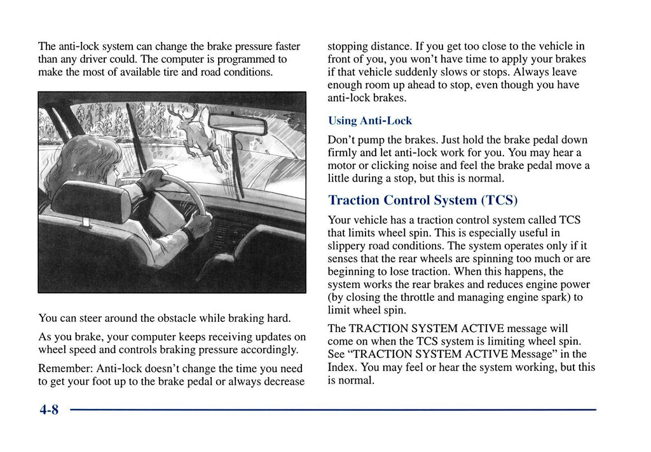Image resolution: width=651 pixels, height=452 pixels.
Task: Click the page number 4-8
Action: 48,410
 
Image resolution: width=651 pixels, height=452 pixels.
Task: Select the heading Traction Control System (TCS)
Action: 423,200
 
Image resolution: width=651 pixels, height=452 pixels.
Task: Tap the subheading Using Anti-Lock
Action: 369,121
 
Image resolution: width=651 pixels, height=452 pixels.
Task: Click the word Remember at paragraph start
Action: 64,368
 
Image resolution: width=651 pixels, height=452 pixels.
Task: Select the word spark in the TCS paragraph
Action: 549,297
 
